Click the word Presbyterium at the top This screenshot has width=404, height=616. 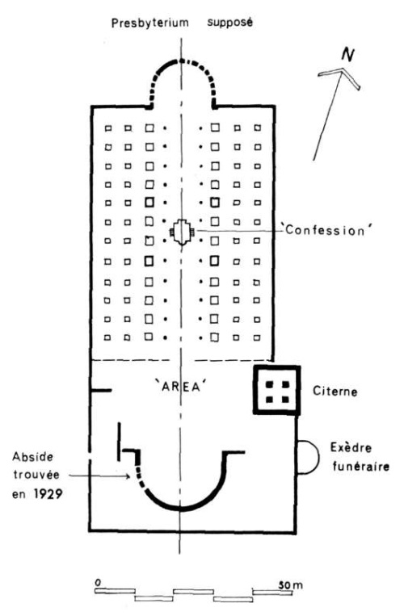pos(149,23)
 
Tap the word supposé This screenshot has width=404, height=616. pos(230,23)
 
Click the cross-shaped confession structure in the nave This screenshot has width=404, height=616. pos(181,233)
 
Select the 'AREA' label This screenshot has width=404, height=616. pos(181,387)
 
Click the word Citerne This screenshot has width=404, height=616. pos(335,392)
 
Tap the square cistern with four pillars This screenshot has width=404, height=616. pos(277,390)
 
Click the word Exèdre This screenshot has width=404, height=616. pos(351,448)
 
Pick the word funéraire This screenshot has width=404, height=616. pos(360,467)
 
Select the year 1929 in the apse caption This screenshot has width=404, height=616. pos(48,494)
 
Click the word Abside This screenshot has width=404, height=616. pos(32,457)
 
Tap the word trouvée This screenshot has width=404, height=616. pos(36,475)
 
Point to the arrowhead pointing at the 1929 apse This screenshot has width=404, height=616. pos(128,476)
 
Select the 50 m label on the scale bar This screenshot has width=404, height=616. pos(290,585)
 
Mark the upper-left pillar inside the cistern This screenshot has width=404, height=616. pos(270,383)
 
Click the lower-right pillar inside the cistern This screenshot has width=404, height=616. pos(285,400)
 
